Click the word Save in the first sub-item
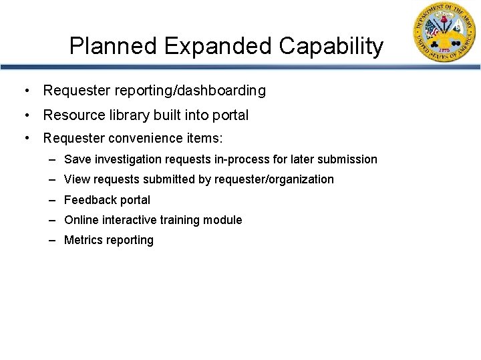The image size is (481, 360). pyautogui.click(x=76, y=160)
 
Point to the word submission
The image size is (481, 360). pyautogui.click(x=347, y=160)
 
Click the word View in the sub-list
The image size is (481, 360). pyautogui.click(x=75, y=179)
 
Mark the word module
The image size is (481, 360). pyautogui.click(x=224, y=220)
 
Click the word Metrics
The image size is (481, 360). pyautogui.click(x=82, y=240)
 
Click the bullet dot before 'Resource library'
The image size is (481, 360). pyautogui.click(x=26, y=115)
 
